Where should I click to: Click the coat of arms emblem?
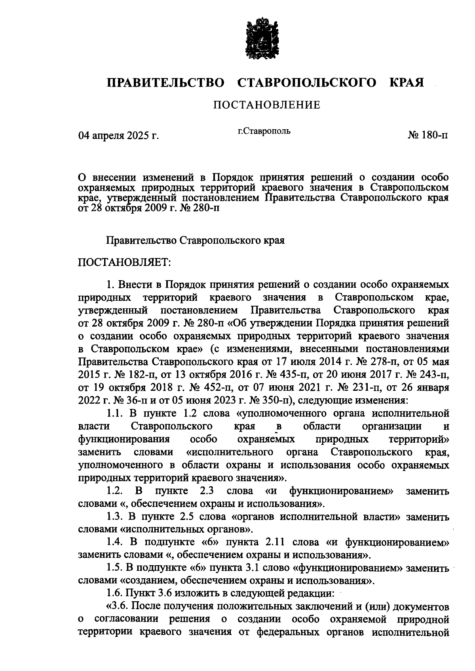pyautogui.click(x=260, y=38)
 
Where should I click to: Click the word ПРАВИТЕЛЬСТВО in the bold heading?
pyautogui.click(x=165, y=83)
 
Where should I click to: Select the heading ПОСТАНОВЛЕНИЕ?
pyautogui.click(x=266, y=105)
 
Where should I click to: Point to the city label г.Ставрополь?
pyautogui.click(x=264, y=131)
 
